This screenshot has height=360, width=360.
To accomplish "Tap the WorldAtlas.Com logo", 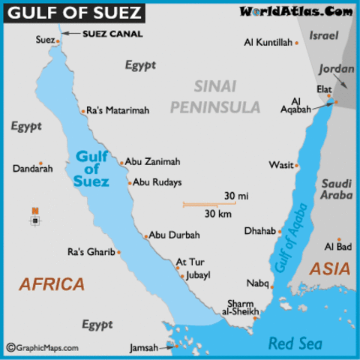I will (295, 11).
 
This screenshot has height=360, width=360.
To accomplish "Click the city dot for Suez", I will (58, 40).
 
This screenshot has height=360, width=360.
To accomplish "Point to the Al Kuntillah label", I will (268, 43).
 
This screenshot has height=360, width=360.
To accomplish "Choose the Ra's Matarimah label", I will (118, 110).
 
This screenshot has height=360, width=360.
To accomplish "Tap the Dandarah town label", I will (33, 169).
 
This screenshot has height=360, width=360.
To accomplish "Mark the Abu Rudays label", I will (158, 182).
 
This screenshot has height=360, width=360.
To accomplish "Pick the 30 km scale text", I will (217, 214).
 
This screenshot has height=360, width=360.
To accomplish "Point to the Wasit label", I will (280, 165).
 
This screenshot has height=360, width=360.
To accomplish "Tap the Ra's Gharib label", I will (91, 252).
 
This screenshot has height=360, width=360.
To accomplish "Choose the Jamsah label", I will (144, 348).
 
